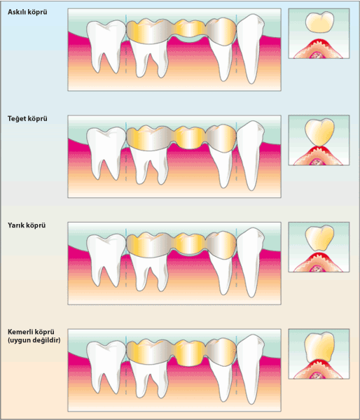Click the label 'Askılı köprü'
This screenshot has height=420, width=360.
pyautogui.click(x=27, y=12)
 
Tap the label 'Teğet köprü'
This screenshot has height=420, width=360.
pyautogui.click(x=27, y=119)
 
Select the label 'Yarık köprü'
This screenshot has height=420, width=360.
pyautogui.click(x=27, y=225)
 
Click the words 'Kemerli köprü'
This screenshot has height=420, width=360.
pyautogui.click(x=31, y=332)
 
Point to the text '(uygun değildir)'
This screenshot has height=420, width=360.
pyautogui.click(x=34, y=340)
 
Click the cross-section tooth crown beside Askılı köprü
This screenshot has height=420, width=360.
pyautogui.click(x=319, y=22)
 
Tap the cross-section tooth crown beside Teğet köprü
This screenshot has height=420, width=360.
pyautogui.click(x=319, y=132)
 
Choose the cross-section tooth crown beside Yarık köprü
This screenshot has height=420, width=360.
pyautogui.click(x=319, y=238)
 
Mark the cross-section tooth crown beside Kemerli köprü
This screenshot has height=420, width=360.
pyautogui.click(x=319, y=347)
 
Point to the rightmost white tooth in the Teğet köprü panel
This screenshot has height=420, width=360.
pyautogui.click(x=251, y=155)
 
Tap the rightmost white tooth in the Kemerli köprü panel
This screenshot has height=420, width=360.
pyautogui.click(x=251, y=369)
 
